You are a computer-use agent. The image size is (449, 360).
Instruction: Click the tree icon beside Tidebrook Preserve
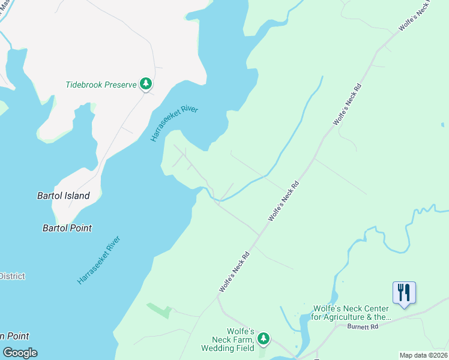coord(145,84)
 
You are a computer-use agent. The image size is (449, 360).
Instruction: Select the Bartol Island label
coord(63,196)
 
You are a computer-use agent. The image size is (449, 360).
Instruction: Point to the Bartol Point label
coord(67,228)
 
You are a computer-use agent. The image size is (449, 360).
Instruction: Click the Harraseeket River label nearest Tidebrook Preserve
coord(174,124)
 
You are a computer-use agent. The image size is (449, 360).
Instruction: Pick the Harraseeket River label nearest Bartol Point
coord(99,260)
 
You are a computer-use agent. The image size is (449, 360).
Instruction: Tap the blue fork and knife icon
coord(404,293)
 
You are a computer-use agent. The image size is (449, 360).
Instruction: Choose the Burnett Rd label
coord(363,327)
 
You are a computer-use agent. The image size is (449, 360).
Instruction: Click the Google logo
coord(20,353)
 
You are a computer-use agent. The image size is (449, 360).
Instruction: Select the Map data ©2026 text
coord(423,355)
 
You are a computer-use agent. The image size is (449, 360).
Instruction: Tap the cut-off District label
coord(12,276)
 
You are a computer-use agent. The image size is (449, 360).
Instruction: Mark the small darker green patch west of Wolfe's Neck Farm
coord(159,310)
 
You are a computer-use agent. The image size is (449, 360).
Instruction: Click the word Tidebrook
coord(84,85)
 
